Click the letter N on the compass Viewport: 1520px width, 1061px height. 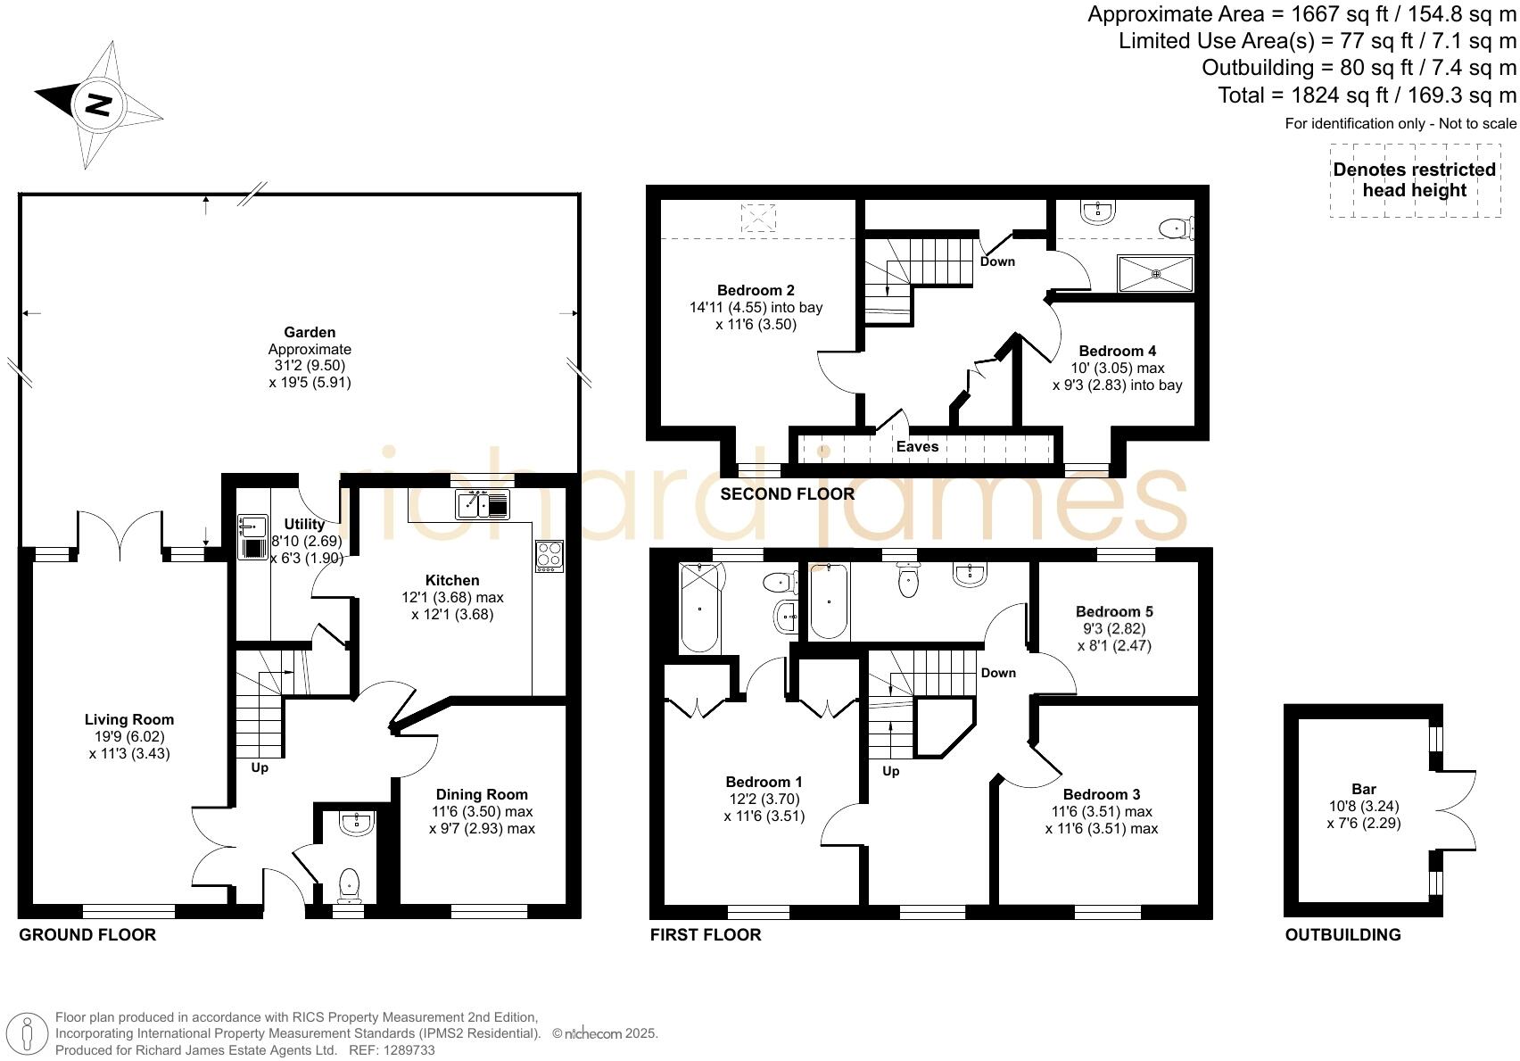(x=97, y=104)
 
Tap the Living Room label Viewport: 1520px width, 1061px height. (x=129, y=719)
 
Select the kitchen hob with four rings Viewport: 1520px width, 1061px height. (x=549, y=556)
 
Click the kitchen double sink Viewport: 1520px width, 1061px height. (x=483, y=505)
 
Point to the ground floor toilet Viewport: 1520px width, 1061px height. (x=349, y=883)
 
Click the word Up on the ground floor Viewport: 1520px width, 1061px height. (x=260, y=767)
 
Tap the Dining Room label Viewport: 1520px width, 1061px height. (x=482, y=794)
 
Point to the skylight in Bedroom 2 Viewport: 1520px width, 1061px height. (x=758, y=217)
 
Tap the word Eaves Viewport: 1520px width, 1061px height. (x=917, y=446)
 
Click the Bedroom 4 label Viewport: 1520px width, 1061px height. (x=1117, y=351)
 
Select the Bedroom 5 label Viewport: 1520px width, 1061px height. (x=1114, y=611)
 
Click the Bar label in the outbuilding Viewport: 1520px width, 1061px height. (x=1364, y=789)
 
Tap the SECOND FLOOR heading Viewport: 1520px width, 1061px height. (x=787, y=493)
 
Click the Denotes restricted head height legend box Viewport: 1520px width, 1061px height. (x=1414, y=180)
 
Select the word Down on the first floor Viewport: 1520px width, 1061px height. (x=998, y=673)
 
